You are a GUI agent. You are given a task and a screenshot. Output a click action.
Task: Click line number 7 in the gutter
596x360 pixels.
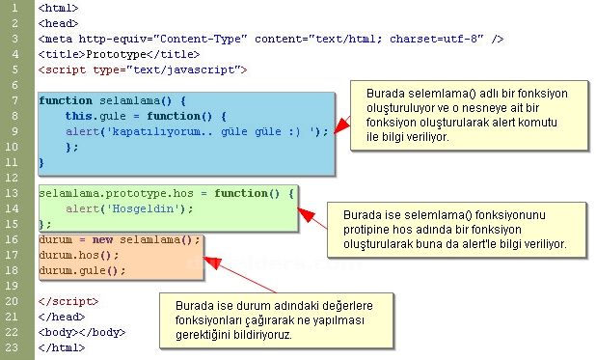(16, 100)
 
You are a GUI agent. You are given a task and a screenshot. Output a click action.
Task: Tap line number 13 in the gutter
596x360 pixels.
(16, 193)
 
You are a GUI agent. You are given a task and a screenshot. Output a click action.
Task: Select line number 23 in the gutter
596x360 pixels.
(16, 347)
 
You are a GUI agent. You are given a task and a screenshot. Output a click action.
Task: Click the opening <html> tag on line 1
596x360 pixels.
(59, 8)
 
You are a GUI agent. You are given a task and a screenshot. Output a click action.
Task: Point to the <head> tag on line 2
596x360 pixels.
(59, 23)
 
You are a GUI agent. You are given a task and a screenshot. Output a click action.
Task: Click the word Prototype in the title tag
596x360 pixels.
(115, 54)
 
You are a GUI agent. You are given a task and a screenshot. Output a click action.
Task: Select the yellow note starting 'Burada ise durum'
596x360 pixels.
(280, 319)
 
